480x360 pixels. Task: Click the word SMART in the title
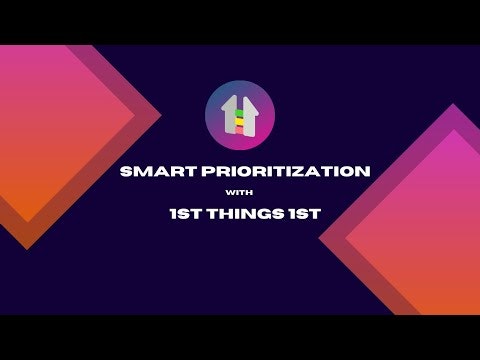[x=151, y=171]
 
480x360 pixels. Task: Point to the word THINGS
[x=240, y=213]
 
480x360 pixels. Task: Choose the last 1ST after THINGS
[x=292, y=213]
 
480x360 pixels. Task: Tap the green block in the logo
[x=240, y=112]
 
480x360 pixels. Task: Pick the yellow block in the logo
[x=240, y=120]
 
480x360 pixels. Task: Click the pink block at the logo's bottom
[x=240, y=129]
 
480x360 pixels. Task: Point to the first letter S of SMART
[x=125, y=171]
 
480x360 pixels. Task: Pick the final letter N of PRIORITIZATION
[x=364, y=171]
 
